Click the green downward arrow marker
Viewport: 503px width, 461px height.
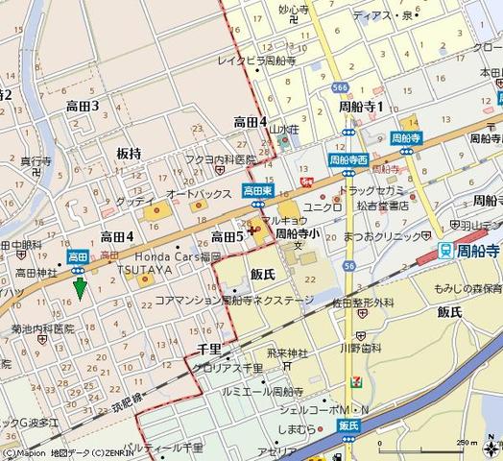point(80,285)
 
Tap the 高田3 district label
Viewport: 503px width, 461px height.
point(83,107)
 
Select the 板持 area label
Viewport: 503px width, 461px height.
point(129,154)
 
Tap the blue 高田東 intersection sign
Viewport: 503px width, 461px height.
point(257,190)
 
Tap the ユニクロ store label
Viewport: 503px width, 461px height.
point(323,206)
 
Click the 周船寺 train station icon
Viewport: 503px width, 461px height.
point(444,250)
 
